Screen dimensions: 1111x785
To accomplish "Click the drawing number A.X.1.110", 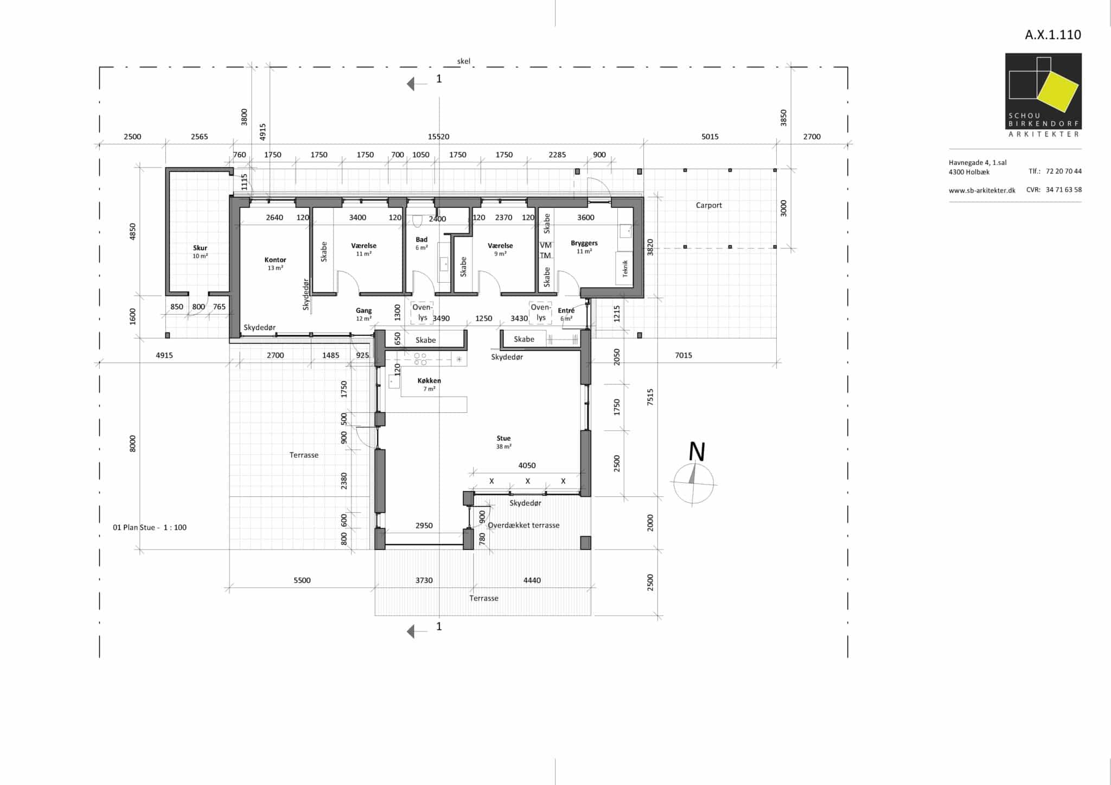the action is (x=1053, y=35).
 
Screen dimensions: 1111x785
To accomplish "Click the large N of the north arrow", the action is (x=697, y=452).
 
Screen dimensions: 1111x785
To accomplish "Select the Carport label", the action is (x=708, y=205).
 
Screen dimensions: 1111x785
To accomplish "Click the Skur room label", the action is (x=200, y=248).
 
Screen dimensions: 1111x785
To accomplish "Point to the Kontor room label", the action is (x=275, y=260).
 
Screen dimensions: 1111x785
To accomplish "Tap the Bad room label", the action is (x=422, y=239).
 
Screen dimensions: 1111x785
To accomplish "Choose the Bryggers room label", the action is (x=584, y=244).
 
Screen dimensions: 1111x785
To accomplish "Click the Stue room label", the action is (x=503, y=438).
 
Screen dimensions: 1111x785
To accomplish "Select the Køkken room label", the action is (x=429, y=381).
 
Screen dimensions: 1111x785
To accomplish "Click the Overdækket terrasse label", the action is (x=523, y=525).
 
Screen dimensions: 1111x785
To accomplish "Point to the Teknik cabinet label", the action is (x=625, y=269).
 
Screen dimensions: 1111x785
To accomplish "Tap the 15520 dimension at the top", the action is (x=438, y=137).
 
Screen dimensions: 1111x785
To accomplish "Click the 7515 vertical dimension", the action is (x=650, y=397).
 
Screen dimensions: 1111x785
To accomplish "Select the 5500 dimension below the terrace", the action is (x=302, y=580).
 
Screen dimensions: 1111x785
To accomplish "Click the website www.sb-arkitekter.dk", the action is (x=982, y=190).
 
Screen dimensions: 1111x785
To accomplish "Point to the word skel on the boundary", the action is (x=464, y=61).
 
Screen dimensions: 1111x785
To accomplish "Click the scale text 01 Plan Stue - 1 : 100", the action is (x=150, y=527).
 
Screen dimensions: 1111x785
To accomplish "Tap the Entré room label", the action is (x=566, y=311).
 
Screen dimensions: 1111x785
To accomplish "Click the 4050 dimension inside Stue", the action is (x=527, y=465).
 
